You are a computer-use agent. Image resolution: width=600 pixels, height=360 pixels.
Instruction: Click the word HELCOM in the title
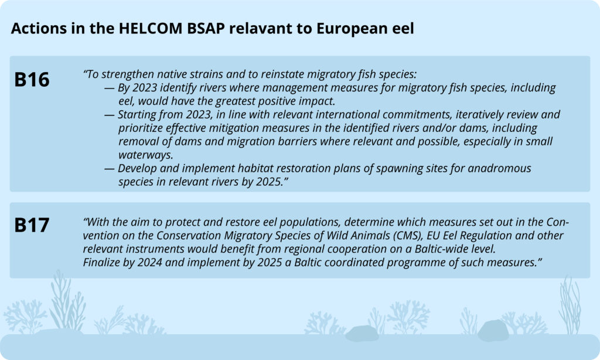pyautogui.click(x=151, y=28)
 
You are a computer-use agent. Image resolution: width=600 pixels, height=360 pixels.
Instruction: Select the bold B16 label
pyautogui.click(x=32, y=80)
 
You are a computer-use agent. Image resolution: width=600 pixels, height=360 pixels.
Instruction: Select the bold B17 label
pyautogui.click(x=32, y=225)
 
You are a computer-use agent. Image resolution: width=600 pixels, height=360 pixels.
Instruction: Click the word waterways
pyautogui.click(x=146, y=155)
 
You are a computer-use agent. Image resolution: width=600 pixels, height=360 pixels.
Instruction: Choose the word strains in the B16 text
pyautogui.click(x=217, y=74)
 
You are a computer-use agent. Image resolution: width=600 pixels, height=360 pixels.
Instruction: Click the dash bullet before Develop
pyautogui.click(x=109, y=169)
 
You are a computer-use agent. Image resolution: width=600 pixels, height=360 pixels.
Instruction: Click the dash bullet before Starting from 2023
pyautogui.click(x=109, y=116)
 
